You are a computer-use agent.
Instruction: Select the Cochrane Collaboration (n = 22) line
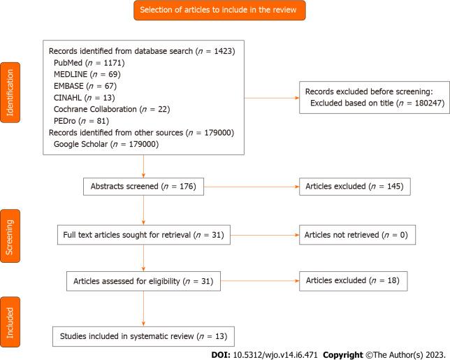click(x=112, y=109)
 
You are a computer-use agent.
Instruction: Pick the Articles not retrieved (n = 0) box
click(x=356, y=235)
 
